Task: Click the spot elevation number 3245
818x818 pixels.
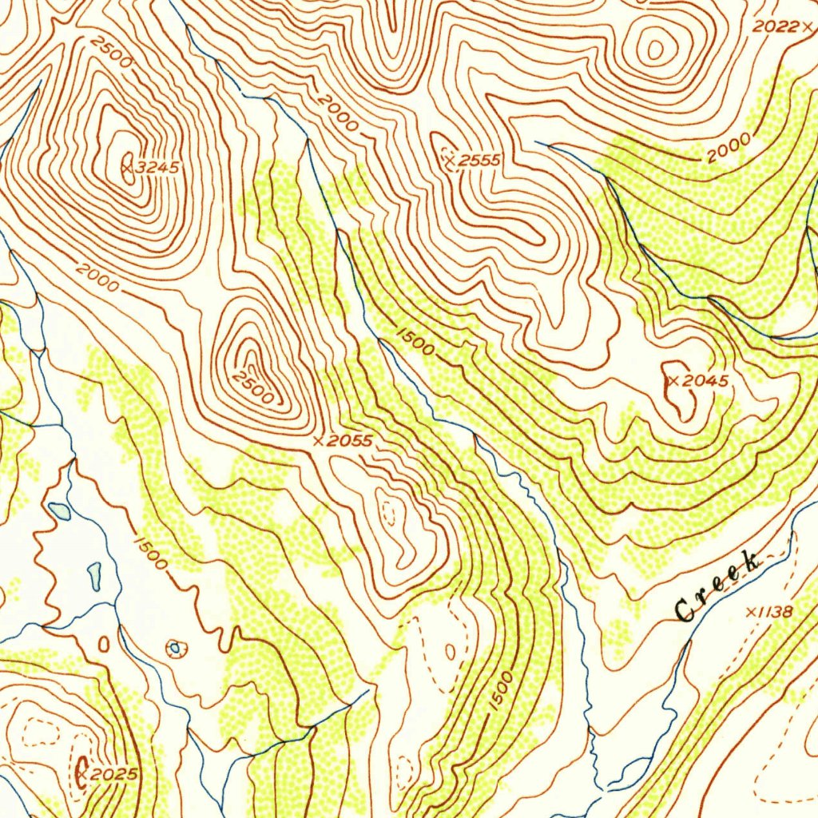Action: tap(158, 168)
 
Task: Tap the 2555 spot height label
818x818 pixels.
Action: tap(478, 161)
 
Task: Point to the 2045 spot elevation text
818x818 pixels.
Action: tap(706, 381)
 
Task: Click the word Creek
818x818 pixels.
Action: tap(717, 586)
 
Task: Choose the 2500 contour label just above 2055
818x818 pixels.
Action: tap(252, 386)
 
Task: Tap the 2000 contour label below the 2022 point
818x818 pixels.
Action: tap(728, 149)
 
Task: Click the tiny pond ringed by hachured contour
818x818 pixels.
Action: tap(174, 648)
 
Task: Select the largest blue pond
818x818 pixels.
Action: tap(59, 510)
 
